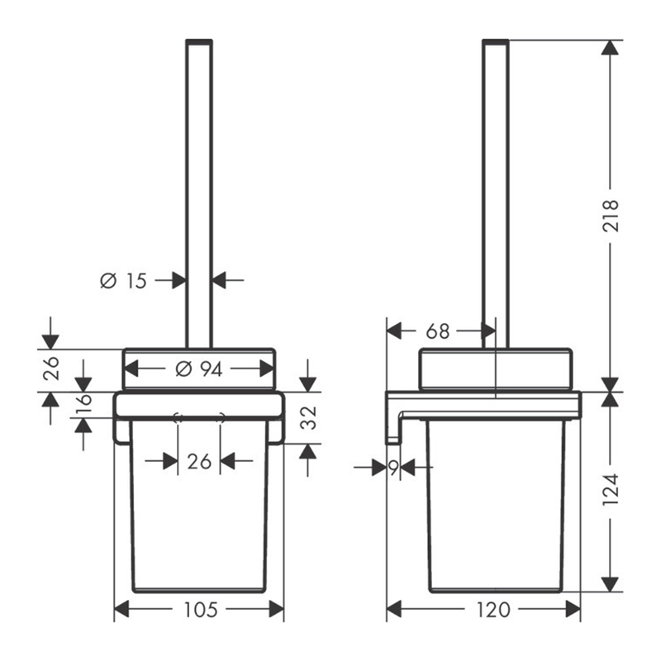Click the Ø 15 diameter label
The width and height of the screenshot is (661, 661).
click(x=123, y=281)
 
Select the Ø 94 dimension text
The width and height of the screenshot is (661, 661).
click(x=198, y=369)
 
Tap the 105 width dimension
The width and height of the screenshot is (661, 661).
click(x=201, y=610)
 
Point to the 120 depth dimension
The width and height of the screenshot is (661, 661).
click(x=493, y=610)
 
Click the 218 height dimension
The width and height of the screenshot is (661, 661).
click(x=611, y=216)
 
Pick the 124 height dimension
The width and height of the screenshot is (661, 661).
click(x=611, y=490)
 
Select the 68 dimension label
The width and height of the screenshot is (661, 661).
click(x=438, y=332)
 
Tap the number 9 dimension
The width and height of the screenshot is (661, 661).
click(x=393, y=468)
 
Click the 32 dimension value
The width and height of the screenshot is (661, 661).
click(x=310, y=417)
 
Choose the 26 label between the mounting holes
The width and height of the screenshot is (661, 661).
click(x=199, y=462)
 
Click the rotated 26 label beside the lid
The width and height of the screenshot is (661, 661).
click(x=51, y=369)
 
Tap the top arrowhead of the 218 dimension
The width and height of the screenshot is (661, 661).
click(x=610, y=47)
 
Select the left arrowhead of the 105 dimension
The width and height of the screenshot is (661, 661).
click(x=121, y=609)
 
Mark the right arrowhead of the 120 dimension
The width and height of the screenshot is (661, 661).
click(x=573, y=609)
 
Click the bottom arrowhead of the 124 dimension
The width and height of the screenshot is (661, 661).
click(x=610, y=584)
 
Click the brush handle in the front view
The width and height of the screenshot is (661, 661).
click(x=199, y=194)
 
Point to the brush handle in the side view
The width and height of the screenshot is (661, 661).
click(x=496, y=194)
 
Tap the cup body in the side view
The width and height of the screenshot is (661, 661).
click(x=495, y=506)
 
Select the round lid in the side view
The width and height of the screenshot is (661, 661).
click(x=496, y=369)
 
